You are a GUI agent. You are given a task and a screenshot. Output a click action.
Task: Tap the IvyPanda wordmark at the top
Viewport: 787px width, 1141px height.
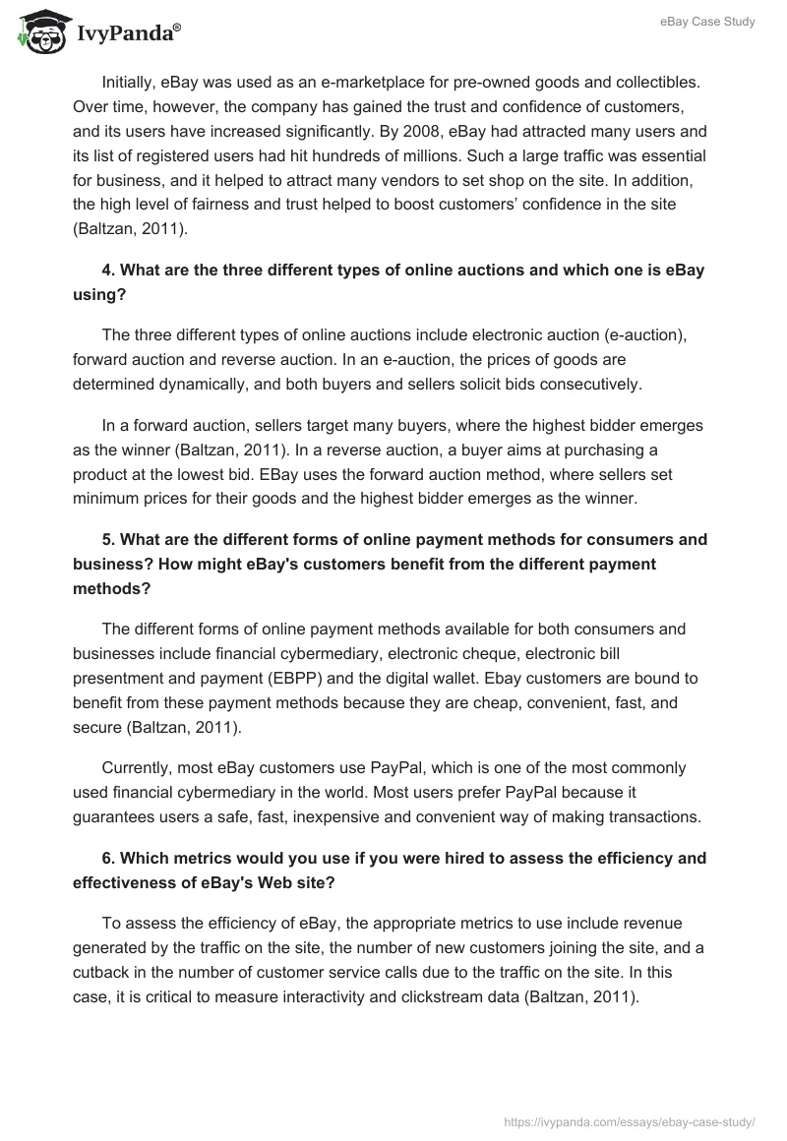coord(128,34)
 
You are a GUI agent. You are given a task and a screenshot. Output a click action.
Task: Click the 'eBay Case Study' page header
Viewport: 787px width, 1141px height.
coord(707,22)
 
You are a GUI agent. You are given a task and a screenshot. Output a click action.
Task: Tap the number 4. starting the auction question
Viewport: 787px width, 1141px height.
coord(108,270)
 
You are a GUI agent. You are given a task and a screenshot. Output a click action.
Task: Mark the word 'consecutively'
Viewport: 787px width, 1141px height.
coord(590,386)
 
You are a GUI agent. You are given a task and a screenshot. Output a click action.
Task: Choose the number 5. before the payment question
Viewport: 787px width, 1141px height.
coord(108,539)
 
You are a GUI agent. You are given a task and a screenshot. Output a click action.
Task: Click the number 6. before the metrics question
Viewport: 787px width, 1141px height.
coord(108,858)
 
